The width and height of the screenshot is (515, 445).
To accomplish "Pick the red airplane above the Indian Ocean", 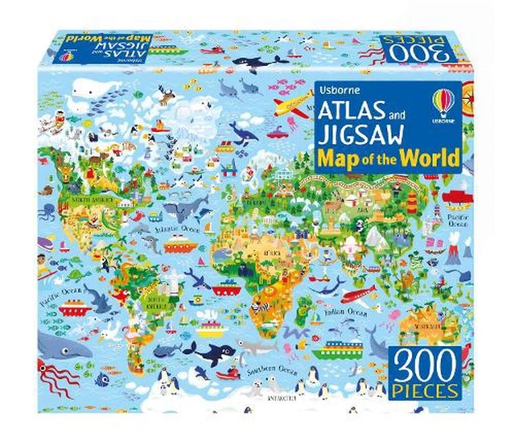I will click(359, 294).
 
